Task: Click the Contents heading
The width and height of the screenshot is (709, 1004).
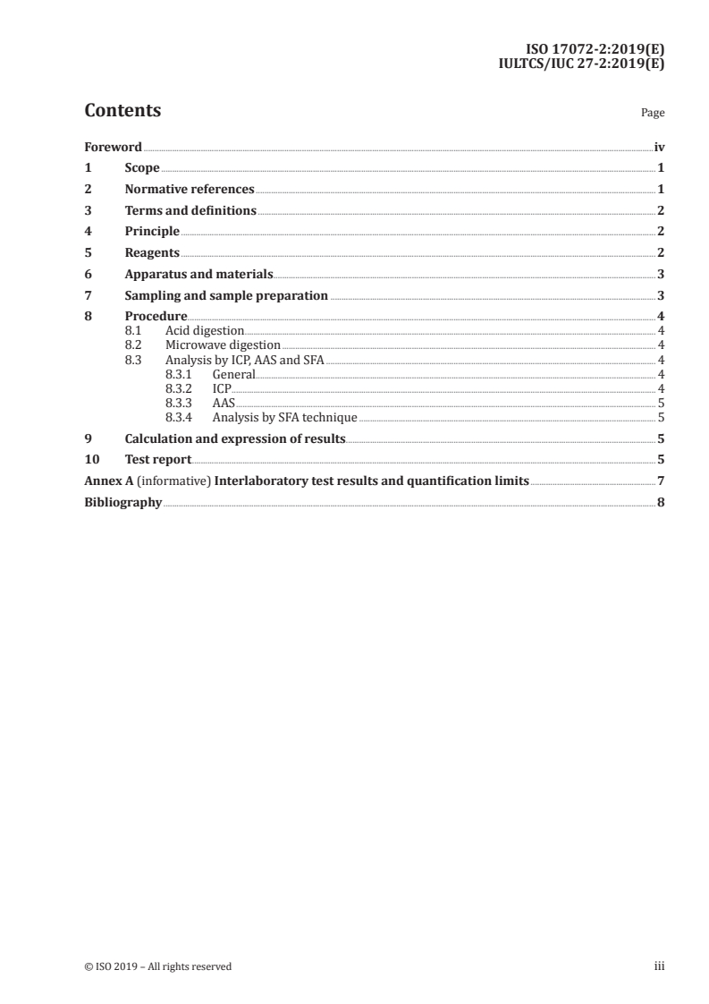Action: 122,111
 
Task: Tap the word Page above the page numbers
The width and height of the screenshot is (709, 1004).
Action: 653,114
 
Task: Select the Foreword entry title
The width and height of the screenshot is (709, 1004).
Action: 113,147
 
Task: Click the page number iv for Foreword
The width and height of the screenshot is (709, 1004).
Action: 659,147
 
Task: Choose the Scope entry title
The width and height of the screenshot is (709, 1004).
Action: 142,168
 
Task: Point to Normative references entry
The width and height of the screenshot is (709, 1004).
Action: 190,190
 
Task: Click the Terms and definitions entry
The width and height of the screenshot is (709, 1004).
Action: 190,211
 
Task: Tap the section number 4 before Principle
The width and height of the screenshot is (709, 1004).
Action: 88,232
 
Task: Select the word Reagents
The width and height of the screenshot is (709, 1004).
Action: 152,253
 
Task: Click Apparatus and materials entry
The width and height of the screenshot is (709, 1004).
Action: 198,275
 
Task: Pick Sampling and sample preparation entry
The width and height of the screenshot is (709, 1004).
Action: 226,296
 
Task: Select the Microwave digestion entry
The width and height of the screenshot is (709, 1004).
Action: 223,345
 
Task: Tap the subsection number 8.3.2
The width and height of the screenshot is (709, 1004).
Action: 179,389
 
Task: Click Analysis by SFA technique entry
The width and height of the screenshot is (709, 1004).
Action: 284,417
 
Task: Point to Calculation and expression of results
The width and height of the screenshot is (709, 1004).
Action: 235,438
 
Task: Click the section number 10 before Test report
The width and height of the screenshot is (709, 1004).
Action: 90,460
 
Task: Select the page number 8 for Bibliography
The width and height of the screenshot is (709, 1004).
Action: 661,503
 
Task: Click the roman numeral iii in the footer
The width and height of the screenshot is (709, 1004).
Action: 660,966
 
